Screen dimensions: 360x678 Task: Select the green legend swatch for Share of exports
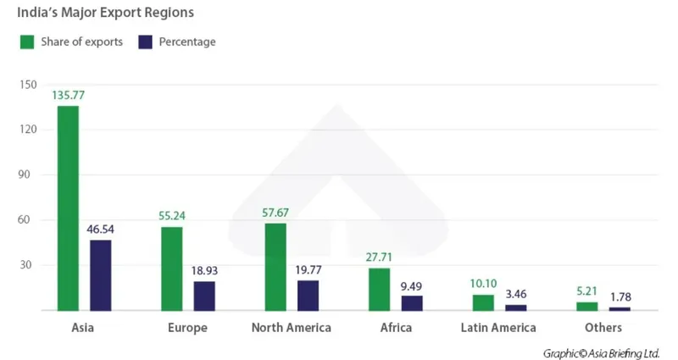(x=26, y=42)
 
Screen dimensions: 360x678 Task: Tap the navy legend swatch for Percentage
(x=145, y=42)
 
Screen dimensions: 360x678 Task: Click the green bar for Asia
(x=68, y=208)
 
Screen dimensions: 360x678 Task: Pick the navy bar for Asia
(x=100, y=274)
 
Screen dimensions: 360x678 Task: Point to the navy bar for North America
(x=308, y=296)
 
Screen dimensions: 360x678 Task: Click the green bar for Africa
(x=378, y=289)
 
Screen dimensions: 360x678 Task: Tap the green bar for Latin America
(x=483, y=302)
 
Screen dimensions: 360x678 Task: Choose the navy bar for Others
(x=620, y=308)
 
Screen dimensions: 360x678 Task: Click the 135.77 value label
(x=68, y=96)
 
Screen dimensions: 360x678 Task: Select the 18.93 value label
(x=204, y=271)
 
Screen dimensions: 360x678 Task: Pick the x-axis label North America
(x=292, y=328)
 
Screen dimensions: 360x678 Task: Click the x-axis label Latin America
(x=498, y=328)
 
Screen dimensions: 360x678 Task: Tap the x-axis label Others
(x=603, y=328)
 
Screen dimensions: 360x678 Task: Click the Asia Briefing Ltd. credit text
(x=603, y=352)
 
